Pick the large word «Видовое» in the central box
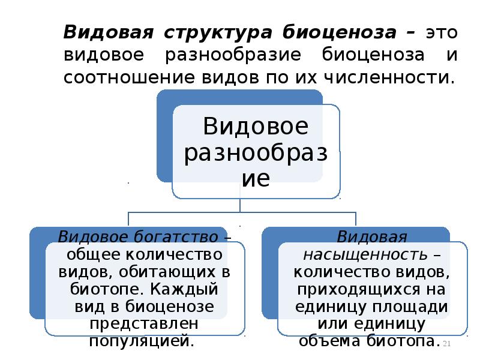256,127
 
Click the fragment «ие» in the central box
256,178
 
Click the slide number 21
446,343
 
